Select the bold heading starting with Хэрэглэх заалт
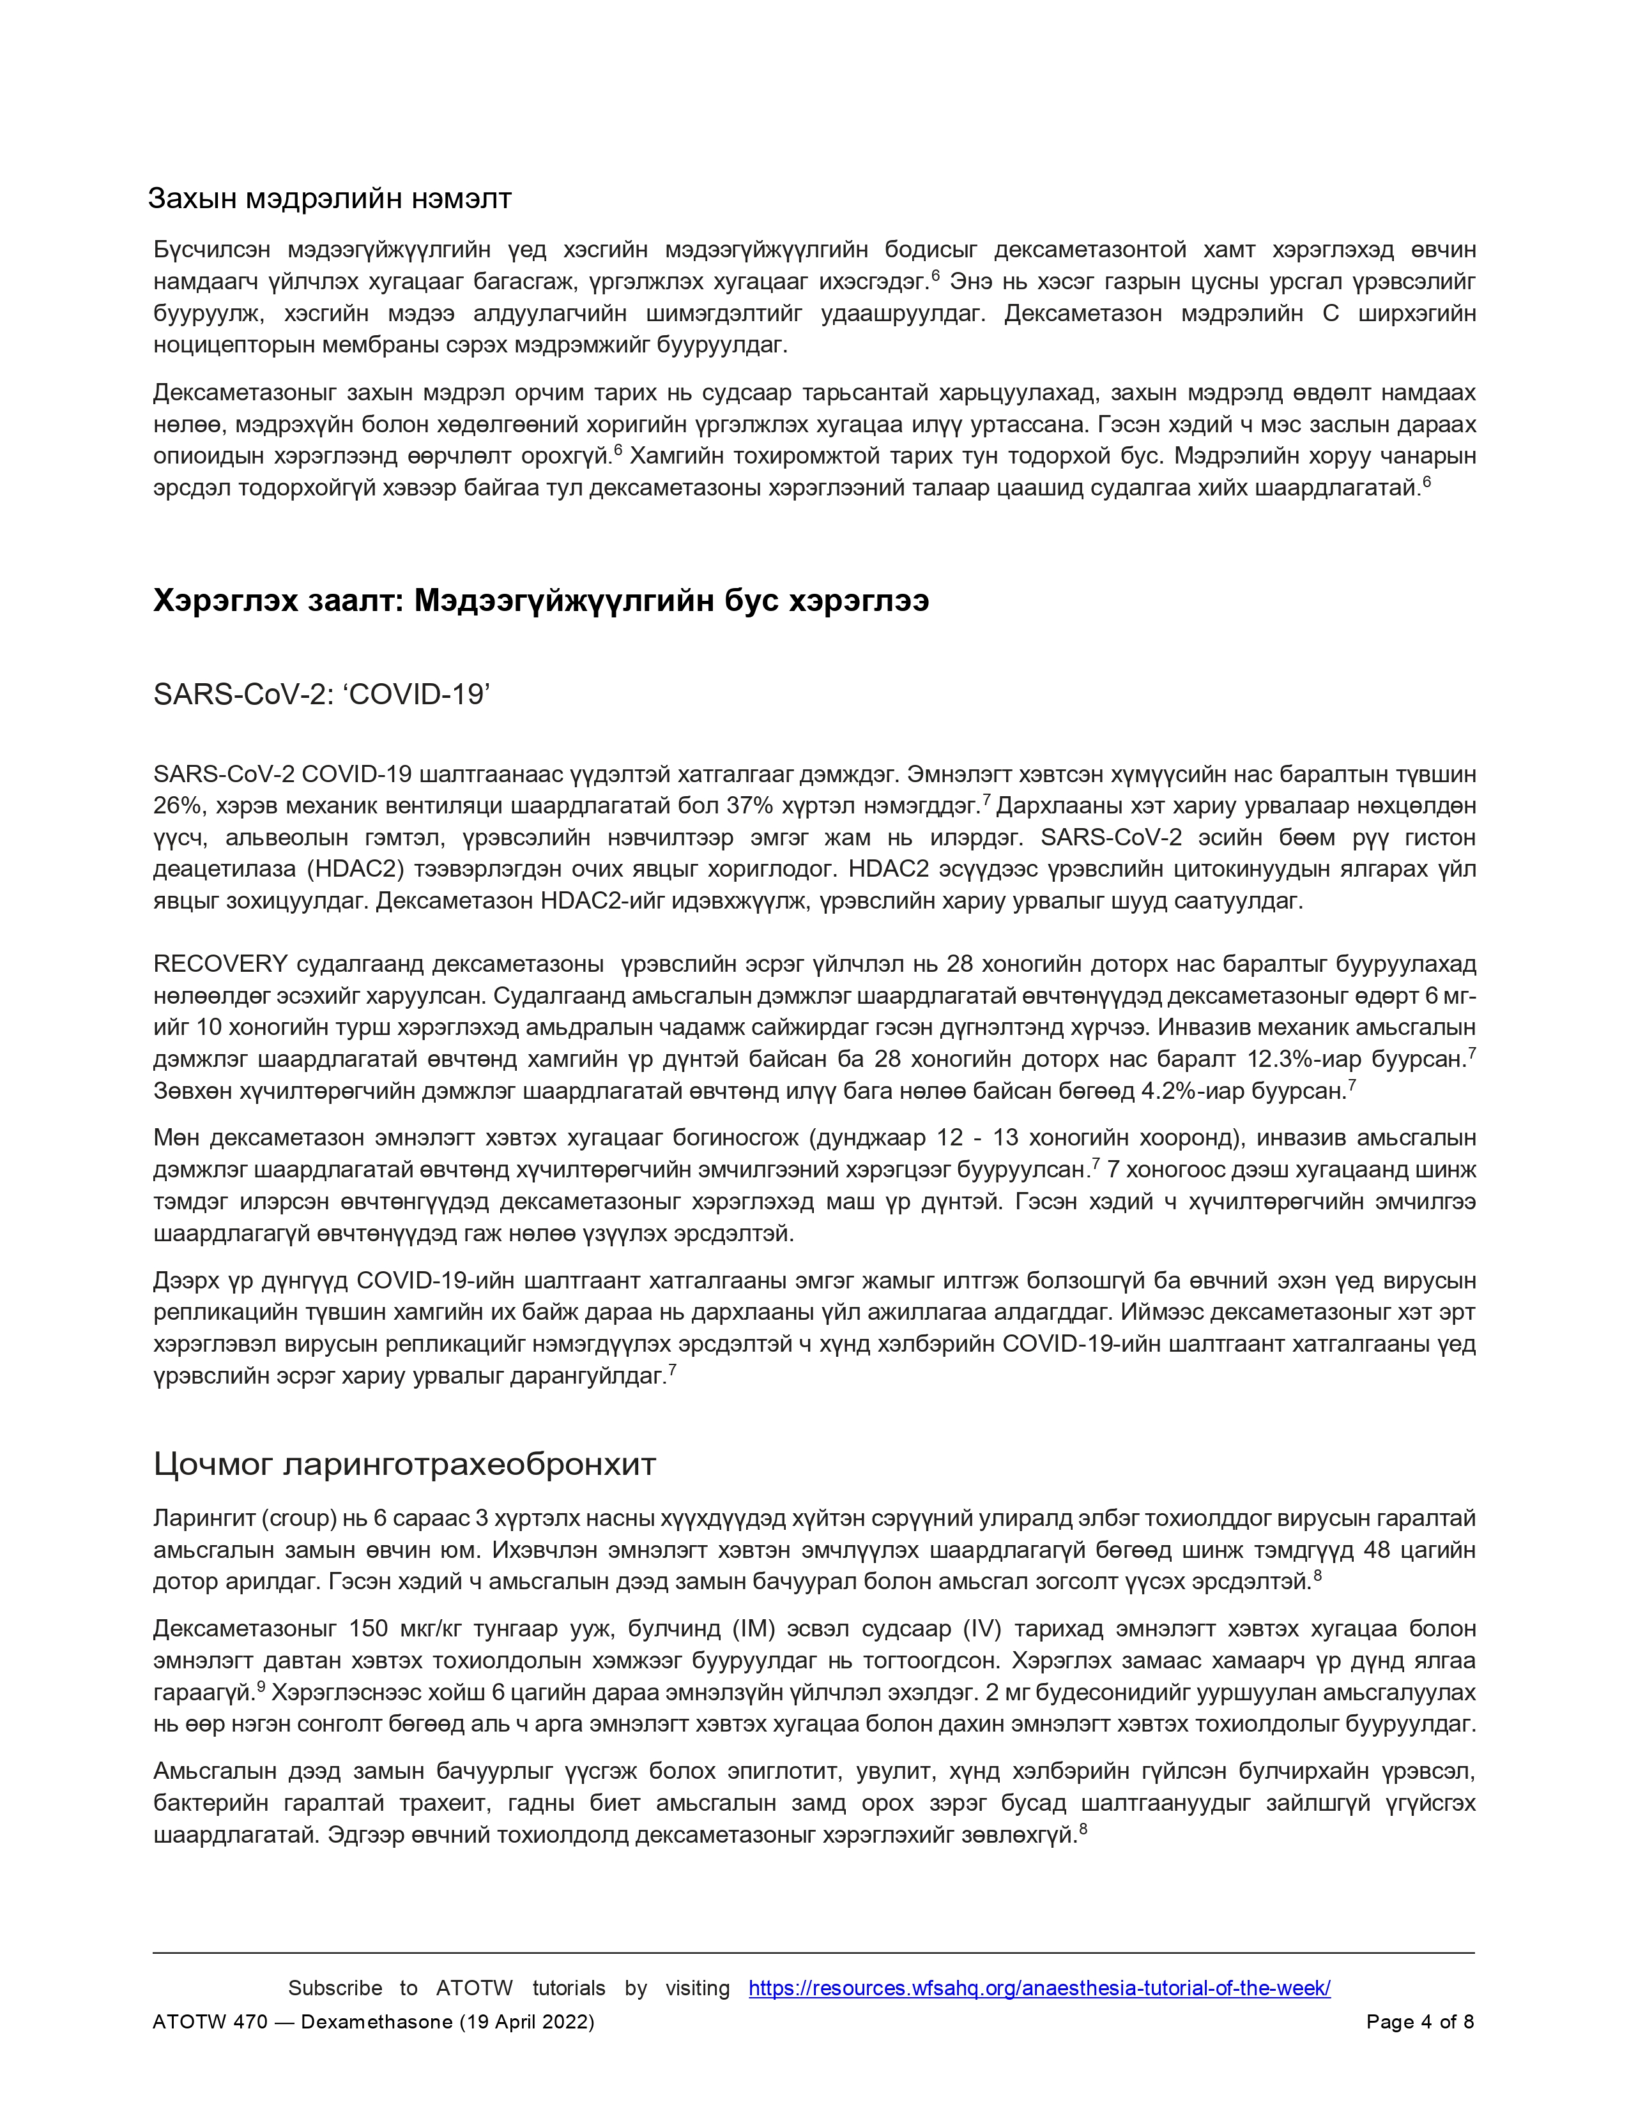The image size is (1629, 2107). pos(540,600)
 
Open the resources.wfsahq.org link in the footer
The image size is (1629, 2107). pos(1039,1988)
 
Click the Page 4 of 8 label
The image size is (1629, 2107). pos(1419,2021)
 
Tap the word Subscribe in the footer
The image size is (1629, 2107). pos(335,1988)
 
